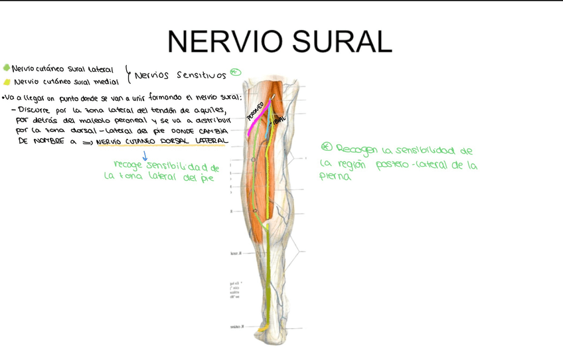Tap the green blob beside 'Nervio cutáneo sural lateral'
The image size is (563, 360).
7,68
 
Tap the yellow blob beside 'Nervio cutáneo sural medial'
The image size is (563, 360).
7,82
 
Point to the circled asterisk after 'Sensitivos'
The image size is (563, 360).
235,72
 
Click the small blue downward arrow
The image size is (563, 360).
145,156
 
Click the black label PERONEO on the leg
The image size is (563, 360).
256,110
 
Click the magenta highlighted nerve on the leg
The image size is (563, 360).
254,122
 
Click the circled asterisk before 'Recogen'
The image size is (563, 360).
325,147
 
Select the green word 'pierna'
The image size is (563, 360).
335,177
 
